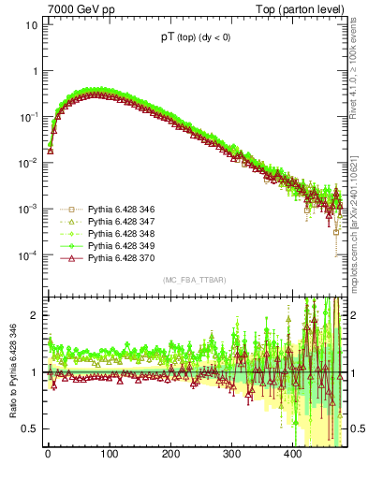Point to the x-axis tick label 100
pos(109,456)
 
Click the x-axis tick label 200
pos(170,456)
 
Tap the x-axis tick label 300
pos(231,456)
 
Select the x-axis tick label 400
pos(292,456)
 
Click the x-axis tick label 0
pos(48,456)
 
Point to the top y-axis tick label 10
pos(31,25)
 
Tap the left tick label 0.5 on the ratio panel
pos(30,428)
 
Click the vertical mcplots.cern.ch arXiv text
pos(360,225)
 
